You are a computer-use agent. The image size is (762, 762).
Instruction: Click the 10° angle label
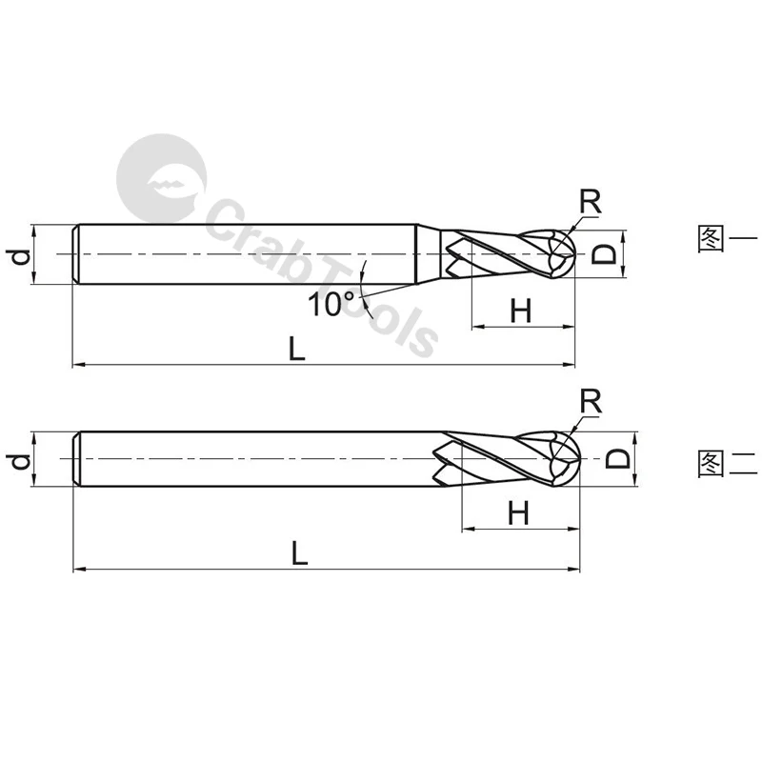click(331, 304)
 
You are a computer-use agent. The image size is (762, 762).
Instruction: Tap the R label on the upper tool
click(591, 201)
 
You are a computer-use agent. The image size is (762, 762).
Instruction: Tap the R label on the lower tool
click(591, 401)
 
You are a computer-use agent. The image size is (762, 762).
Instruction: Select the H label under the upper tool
click(521, 311)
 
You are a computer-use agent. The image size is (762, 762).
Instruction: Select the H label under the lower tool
click(518, 512)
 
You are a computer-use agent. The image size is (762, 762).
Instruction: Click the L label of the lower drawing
click(300, 552)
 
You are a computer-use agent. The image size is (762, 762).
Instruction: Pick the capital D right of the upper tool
click(604, 253)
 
